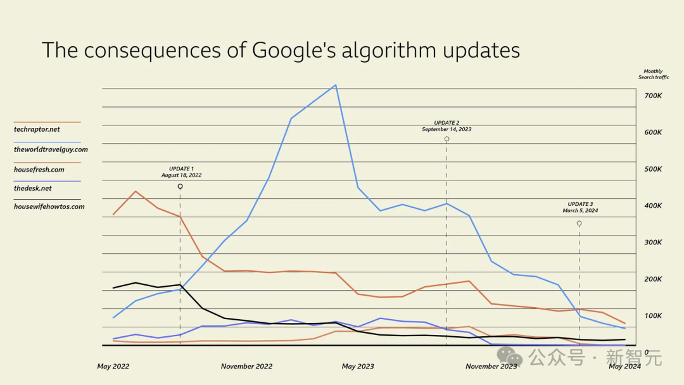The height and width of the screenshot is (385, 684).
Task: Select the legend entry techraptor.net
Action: pos(37,129)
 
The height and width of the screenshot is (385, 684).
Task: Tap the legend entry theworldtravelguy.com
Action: pos(51,149)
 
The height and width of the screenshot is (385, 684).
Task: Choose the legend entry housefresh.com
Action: pos(39,170)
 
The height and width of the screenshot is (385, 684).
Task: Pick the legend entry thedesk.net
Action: pos(33,188)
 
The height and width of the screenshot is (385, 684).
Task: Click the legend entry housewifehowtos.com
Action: pos(49,206)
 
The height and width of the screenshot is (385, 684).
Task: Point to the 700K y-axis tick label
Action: pos(653,96)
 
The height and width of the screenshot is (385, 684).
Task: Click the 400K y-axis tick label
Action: pos(653,206)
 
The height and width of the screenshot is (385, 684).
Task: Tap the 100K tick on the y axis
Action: pos(653,315)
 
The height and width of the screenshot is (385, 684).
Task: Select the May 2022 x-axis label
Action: pos(113,366)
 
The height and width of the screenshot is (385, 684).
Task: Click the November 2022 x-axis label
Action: pos(246,366)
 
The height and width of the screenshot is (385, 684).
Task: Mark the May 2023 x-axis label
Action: pos(358,366)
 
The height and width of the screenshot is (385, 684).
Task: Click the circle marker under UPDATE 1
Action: pos(180,186)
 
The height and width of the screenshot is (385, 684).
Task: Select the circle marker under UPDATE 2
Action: pos(446,139)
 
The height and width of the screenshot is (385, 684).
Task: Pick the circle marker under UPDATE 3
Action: pos(579,224)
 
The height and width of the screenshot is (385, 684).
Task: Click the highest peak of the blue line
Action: pos(335,85)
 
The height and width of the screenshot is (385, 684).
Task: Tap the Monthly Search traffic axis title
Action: pos(653,74)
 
